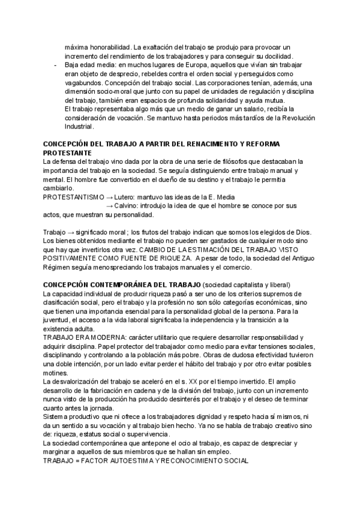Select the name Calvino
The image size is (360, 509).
[128, 206]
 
